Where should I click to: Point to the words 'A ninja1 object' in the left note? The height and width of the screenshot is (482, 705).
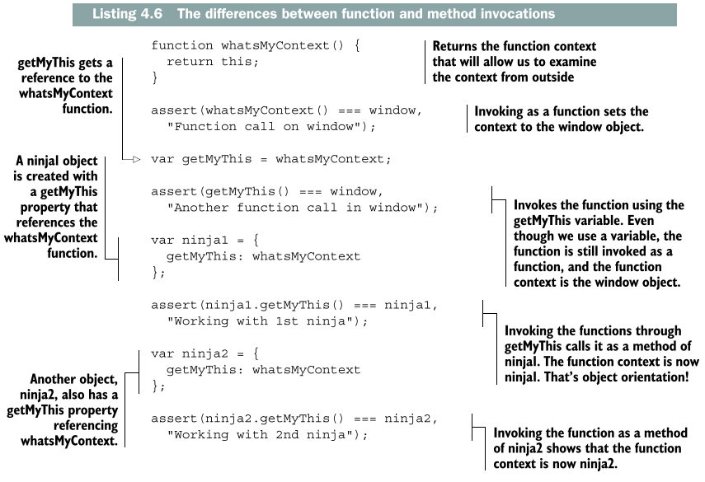click(x=61, y=161)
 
